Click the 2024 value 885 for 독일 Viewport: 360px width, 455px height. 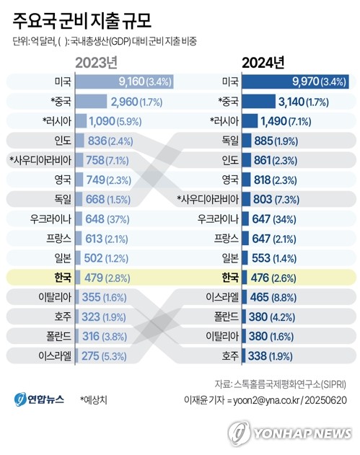(x=266, y=140)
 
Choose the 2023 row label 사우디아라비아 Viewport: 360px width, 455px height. (x=43, y=159)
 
